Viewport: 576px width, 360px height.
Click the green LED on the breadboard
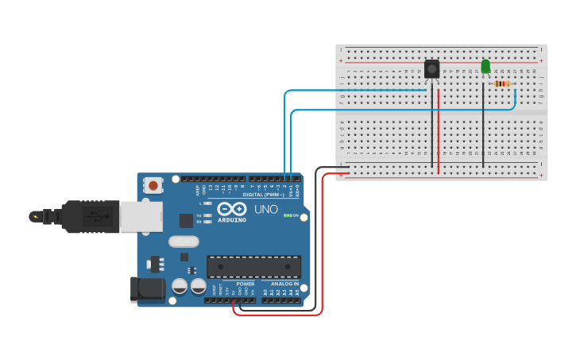click(485, 67)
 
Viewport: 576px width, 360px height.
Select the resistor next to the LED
click(502, 83)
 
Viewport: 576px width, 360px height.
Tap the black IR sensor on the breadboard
click(431, 69)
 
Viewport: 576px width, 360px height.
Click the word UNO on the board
click(266, 210)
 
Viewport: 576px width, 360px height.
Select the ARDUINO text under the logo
click(233, 219)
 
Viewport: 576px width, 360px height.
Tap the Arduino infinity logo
click(232, 209)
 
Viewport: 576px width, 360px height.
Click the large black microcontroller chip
click(253, 267)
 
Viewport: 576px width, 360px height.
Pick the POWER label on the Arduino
click(245, 284)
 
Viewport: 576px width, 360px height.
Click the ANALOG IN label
click(284, 284)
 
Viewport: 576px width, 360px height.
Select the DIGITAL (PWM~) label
click(264, 194)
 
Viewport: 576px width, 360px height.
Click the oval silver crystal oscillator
click(183, 242)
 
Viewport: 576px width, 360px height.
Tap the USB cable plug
click(79, 215)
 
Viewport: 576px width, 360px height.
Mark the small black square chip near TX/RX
click(186, 220)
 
